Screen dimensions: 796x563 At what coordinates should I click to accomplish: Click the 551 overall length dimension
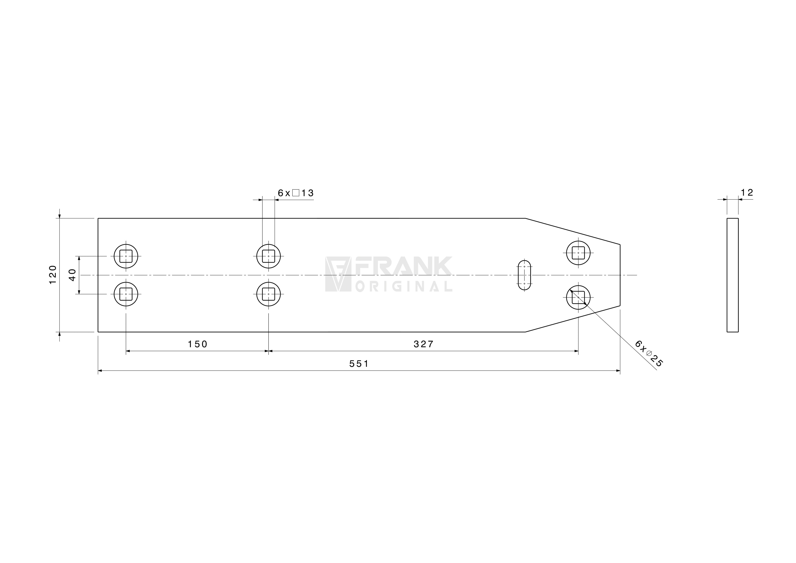(359, 364)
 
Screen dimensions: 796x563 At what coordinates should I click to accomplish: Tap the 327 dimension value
(424, 344)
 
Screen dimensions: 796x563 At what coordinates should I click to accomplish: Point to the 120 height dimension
(53, 275)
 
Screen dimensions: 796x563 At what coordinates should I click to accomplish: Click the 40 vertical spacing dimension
(72, 275)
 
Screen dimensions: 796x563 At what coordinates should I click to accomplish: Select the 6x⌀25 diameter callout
(649, 353)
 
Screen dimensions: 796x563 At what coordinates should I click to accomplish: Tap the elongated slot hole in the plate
(524, 275)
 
